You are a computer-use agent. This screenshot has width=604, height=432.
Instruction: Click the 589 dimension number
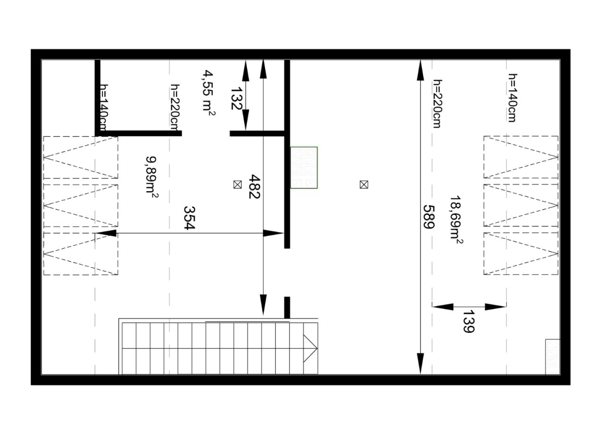pyautogui.click(x=429, y=217)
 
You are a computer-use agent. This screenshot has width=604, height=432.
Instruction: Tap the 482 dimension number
pyautogui.click(x=254, y=186)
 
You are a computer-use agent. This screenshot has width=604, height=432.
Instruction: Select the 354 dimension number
pyautogui.click(x=189, y=218)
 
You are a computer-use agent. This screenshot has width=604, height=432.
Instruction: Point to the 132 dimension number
pyautogui.click(x=236, y=98)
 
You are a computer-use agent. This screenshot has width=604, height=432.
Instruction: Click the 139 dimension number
pyautogui.click(x=469, y=321)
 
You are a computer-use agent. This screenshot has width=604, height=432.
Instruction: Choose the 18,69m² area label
pyautogui.click(x=456, y=220)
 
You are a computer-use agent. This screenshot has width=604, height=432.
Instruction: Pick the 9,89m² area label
pyautogui.click(x=151, y=177)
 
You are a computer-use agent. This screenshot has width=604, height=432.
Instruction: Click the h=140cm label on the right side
pyautogui.click(x=512, y=98)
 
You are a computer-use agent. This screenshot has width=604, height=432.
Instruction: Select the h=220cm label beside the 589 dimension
pyautogui.click(x=437, y=103)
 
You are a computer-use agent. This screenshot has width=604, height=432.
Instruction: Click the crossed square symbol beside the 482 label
pyautogui.click(x=237, y=185)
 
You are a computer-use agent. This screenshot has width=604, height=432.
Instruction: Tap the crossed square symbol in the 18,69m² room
pyautogui.click(x=364, y=185)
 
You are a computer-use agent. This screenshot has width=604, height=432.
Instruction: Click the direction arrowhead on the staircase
pyautogui.click(x=310, y=348)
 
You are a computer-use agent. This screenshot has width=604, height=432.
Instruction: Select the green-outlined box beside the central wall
pyautogui.click(x=304, y=167)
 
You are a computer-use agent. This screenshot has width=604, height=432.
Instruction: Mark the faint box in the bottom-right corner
pyautogui.click(x=553, y=357)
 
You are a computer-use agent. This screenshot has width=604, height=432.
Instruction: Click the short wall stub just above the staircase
pyautogui.click(x=287, y=307)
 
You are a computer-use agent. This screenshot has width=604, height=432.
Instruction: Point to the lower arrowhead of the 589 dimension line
pyautogui.click(x=420, y=363)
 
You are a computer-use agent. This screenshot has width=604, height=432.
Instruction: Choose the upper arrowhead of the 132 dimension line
pyautogui.click(x=245, y=71)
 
